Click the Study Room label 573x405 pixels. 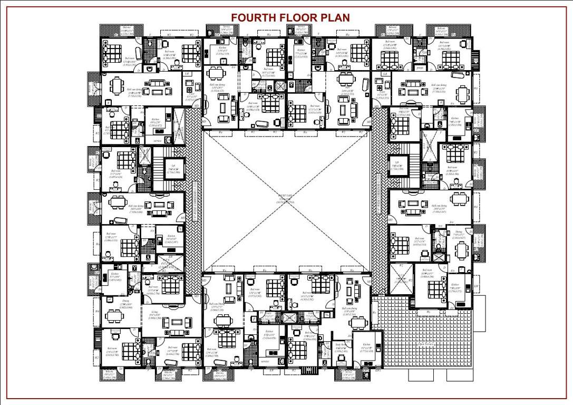tap(341, 345)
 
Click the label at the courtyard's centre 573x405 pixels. tap(287, 200)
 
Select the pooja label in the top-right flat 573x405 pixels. tap(420, 68)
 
